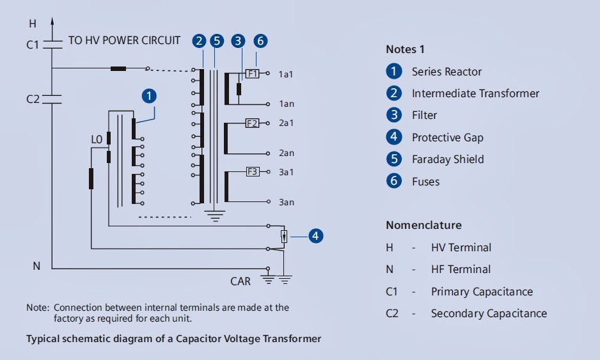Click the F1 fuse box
click(252, 74)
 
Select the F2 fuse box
click(252, 123)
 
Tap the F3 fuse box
click(253, 172)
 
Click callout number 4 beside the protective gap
click(316, 236)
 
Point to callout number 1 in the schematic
click(149, 96)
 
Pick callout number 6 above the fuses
click(260, 40)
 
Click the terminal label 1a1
click(286, 74)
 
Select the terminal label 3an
click(286, 203)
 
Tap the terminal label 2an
click(286, 153)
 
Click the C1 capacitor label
click(33, 45)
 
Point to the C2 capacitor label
click(33, 99)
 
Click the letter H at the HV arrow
click(33, 24)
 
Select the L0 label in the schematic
click(97, 139)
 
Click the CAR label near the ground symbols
click(241, 281)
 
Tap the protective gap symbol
click(284, 237)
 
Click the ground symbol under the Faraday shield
click(215, 215)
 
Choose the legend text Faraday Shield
click(448, 159)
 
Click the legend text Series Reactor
click(446, 72)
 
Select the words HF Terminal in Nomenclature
click(461, 269)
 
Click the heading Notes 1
click(405, 49)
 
